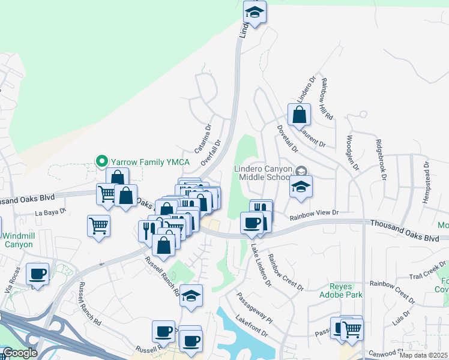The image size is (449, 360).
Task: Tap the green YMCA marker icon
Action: (x=102, y=161)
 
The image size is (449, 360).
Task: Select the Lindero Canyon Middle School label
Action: (x=264, y=173)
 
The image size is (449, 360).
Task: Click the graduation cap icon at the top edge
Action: (x=255, y=13)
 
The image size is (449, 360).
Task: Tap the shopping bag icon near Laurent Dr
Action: (x=299, y=114)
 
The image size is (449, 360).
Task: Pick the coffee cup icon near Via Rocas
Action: (x=38, y=274)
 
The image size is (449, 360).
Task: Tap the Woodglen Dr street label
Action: (x=352, y=152)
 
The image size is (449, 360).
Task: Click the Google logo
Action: (x=20, y=353)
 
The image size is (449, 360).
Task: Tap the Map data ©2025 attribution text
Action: (x=424, y=355)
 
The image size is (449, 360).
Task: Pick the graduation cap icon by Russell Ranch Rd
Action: (x=191, y=296)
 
